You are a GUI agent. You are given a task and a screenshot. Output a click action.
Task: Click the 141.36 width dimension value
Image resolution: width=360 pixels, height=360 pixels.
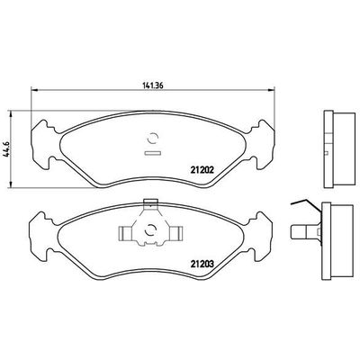(152, 85)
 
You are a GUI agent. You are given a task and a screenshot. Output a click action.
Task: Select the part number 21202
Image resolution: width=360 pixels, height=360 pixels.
(202, 170)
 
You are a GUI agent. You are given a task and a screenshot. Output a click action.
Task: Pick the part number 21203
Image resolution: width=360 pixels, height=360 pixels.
(202, 264)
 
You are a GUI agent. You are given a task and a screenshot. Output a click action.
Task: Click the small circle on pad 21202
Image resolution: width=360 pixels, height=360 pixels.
(153, 138)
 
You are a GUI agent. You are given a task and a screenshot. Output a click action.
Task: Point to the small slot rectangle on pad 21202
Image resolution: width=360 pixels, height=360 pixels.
(153, 153)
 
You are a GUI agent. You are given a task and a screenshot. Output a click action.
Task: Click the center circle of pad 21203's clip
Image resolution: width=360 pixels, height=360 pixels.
(150, 230)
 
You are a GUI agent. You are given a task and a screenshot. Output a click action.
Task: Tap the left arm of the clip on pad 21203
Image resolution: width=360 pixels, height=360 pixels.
(126, 233)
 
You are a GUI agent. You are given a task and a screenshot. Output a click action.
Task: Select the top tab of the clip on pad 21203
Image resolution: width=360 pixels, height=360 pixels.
(151, 203)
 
